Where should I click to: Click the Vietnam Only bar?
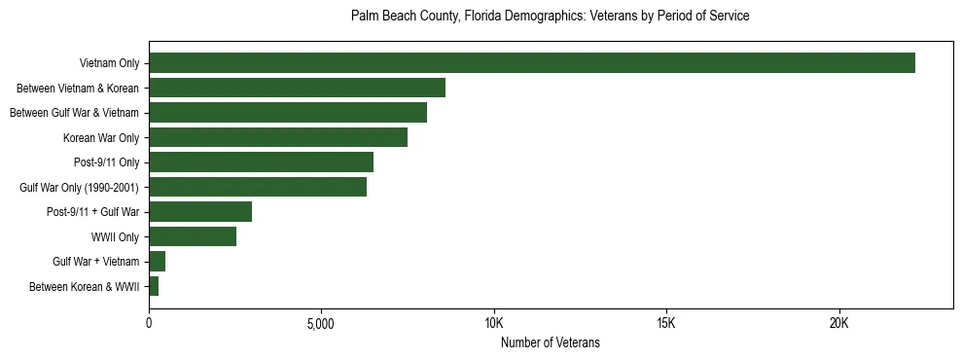click(x=532, y=63)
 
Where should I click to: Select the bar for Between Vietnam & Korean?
click(x=297, y=88)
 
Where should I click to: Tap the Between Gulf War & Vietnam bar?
click(x=288, y=113)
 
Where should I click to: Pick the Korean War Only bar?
click(x=278, y=137)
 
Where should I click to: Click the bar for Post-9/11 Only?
click(x=261, y=162)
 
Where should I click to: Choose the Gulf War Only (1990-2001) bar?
click(x=258, y=187)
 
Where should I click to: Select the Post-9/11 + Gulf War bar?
click(x=200, y=212)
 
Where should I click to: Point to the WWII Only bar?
click(x=193, y=236)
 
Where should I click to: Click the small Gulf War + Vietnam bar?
click(x=158, y=262)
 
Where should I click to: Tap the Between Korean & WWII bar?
click(x=154, y=286)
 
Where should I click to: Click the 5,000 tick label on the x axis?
click(x=321, y=323)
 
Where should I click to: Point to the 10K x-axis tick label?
click(x=494, y=323)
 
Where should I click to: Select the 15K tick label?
click(x=666, y=323)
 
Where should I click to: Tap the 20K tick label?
click(x=838, y=323)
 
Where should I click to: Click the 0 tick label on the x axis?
click(x=149, y=323)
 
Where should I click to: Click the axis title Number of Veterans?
click(x=550, y=343)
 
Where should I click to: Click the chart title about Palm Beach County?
click(x=550, y=17)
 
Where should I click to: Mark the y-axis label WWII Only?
click(x=115, y=236)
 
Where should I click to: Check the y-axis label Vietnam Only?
click(x=109, y=63)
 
